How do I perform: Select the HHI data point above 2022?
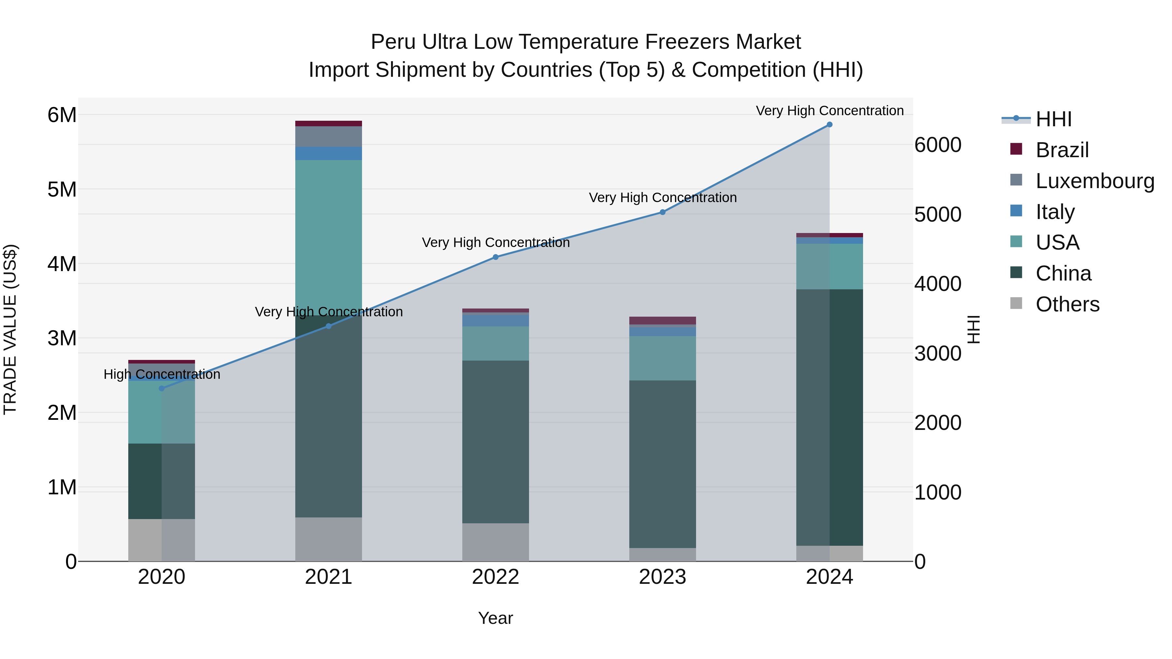click(495, 257)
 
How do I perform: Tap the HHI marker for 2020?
click(161, 388)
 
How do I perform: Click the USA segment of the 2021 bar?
click(328, 237)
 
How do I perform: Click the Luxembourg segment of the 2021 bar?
click(328, 136)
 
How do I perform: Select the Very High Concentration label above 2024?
click(830, 111)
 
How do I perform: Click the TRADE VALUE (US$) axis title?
click(10, 329)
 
